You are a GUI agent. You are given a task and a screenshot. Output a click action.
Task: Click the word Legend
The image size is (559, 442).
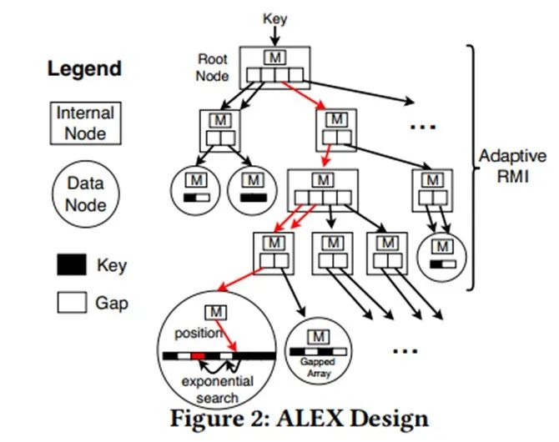point(84,69)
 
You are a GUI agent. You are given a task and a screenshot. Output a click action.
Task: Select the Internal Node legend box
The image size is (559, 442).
point(86,123)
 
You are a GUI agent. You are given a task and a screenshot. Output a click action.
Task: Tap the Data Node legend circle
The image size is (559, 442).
point(86,194)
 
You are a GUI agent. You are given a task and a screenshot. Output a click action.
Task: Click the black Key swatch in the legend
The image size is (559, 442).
point(71,264)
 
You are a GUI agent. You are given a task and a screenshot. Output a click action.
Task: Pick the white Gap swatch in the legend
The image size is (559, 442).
point(72,303)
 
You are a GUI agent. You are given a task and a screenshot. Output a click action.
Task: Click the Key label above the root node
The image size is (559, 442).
point(274,19)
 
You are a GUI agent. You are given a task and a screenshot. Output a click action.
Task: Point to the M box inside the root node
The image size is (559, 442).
point(274,58)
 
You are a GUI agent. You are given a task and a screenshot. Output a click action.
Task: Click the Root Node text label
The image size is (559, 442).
point(213,68)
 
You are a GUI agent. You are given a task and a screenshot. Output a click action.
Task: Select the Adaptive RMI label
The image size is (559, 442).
point(512,166)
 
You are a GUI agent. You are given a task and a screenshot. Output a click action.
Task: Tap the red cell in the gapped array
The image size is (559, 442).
point(198,356)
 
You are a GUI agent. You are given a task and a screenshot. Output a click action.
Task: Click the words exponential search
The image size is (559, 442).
point(218,389)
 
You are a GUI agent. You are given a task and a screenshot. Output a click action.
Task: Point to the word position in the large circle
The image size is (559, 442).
point(199,334)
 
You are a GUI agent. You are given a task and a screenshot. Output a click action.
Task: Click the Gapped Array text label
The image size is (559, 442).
point(318,368)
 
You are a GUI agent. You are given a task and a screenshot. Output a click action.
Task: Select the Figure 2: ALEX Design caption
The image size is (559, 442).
point(300,419)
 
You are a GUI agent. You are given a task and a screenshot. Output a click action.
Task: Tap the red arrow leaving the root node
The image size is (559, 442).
point(304,95)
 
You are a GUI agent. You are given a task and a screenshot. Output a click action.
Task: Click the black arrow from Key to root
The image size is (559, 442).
point(274,36)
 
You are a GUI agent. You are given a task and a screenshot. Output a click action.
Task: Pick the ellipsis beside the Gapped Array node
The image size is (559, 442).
point(405,351)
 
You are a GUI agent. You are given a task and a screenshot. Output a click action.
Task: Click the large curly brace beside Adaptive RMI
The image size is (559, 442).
point(471,168)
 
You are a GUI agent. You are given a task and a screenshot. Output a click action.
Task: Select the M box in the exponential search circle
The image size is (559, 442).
point(216,313)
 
